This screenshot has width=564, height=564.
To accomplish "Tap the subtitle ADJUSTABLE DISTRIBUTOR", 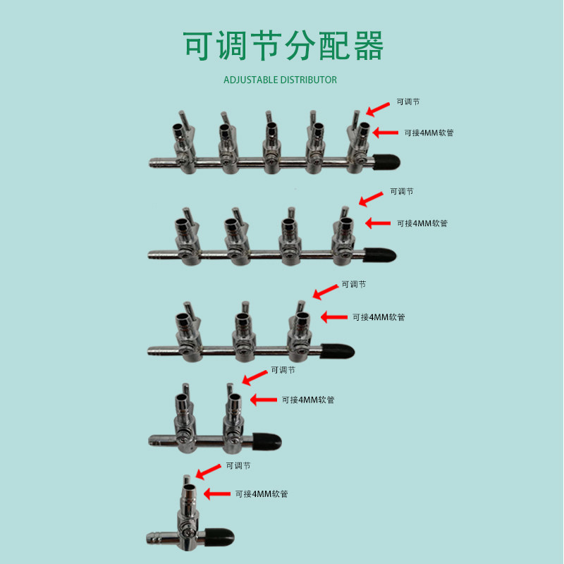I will (280, 80).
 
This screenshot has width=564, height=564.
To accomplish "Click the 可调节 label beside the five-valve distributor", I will (408, 102).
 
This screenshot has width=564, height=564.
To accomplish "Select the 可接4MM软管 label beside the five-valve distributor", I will (428, 133).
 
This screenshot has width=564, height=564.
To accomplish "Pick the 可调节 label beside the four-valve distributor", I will (402, 192).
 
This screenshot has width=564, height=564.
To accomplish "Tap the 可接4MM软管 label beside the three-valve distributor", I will (379, 317).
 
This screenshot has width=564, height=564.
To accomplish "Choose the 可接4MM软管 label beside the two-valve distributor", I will (308, 400).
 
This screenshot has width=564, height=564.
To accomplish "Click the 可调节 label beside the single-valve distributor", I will (238, 466).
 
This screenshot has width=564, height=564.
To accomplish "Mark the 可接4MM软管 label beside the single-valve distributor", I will (262, 494).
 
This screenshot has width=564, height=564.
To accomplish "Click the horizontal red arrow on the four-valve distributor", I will (377, 223).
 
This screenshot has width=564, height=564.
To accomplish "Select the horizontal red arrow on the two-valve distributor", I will (264, 400).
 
